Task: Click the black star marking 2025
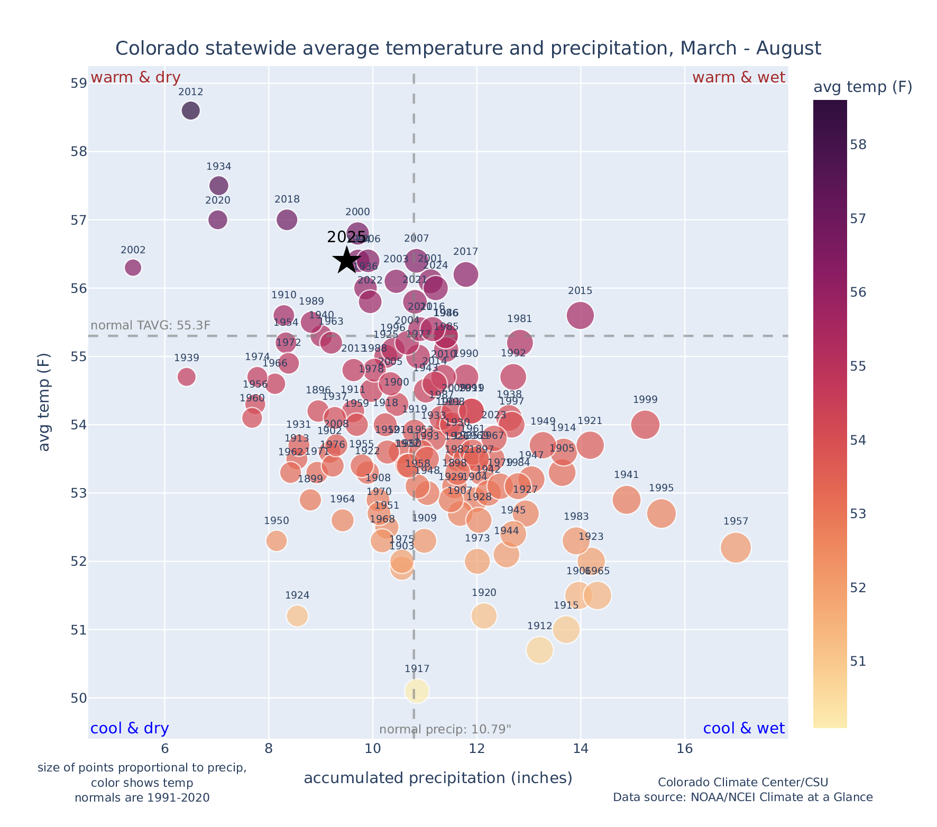pos(347,260)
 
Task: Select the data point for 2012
pos(190,111)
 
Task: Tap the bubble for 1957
pos(736,548)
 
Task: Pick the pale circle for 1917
pos(417,691)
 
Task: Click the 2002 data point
pos(133,268)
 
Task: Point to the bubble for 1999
pos(645,425)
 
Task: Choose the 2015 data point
pos(580,315)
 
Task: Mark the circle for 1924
pos(297,616)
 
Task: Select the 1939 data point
pos(186,377)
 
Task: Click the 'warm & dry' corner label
pos(135,78)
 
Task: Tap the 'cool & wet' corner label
pos(743,729)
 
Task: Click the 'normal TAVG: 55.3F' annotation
pos(151,325)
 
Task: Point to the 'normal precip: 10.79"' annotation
pos(445,730)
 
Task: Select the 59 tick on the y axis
pos(78,84)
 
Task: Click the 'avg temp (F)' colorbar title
pos(862,87)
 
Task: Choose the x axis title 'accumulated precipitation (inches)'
pos(438,778)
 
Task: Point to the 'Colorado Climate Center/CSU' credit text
pos(743,783)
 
